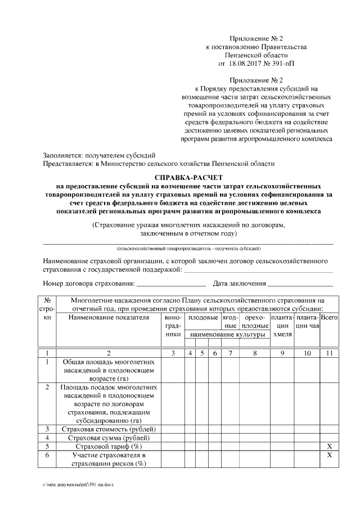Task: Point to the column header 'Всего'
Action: pyautogui.click(x=328, y=318)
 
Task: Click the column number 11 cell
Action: pyautogui.click(x=328, y=353)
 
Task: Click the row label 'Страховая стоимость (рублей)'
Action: pyautogui.click(x=110, y=429)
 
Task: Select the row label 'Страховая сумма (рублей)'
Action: pyautogui.click(x=110, y=438)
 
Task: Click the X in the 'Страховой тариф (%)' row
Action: pyautogui.click(x=328, y=446)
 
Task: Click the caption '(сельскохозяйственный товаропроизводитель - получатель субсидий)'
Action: pyautogui.click(x=188, y=247)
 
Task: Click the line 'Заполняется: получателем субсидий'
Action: pyautogui.click(x=99, y=155)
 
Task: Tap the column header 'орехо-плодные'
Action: pyautogui.click(x=255, y=322)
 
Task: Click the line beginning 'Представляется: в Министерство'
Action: pyautogui.click(x=159, y=164)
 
